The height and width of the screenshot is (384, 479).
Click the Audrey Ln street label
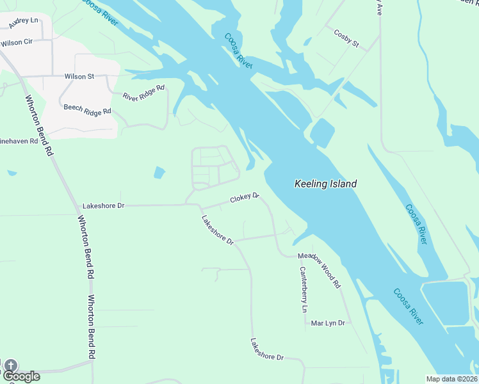click(24, 24)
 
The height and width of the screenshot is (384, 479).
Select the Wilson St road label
click(79, 76)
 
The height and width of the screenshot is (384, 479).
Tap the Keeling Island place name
click(325, 184)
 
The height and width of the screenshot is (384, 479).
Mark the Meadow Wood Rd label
click(319, 269)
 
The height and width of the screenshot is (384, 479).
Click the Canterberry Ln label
click(303, 289)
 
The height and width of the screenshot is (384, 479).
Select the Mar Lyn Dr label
click(328, 323)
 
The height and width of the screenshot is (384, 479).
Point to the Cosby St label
click(346, 39)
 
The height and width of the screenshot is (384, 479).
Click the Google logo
click(21, 376)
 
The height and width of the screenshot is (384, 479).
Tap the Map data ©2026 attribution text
click(451, 379)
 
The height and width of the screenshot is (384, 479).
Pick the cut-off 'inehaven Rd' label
click(19, 140)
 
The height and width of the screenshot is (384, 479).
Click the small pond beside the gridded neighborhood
click(159, 172)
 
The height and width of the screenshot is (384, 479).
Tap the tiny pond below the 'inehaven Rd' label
click(12, 172)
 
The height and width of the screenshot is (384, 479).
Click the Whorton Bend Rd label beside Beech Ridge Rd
click(38, 125)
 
